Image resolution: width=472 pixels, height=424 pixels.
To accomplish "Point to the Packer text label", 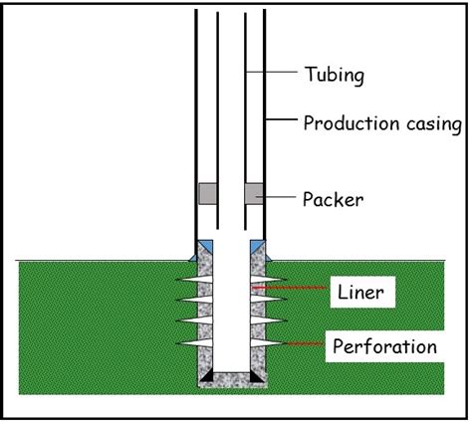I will [x=333, y=198].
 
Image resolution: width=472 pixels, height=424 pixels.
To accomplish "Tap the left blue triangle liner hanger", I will [x=201, y=244].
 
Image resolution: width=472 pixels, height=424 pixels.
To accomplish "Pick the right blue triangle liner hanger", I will [x=258, y=244].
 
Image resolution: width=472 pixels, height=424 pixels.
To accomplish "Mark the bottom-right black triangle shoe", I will [x=257, y=378].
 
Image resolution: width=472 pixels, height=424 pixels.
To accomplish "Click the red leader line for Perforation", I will [x=304, y=344].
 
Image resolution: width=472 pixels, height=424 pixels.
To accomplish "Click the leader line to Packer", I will [x=278, y=198].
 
